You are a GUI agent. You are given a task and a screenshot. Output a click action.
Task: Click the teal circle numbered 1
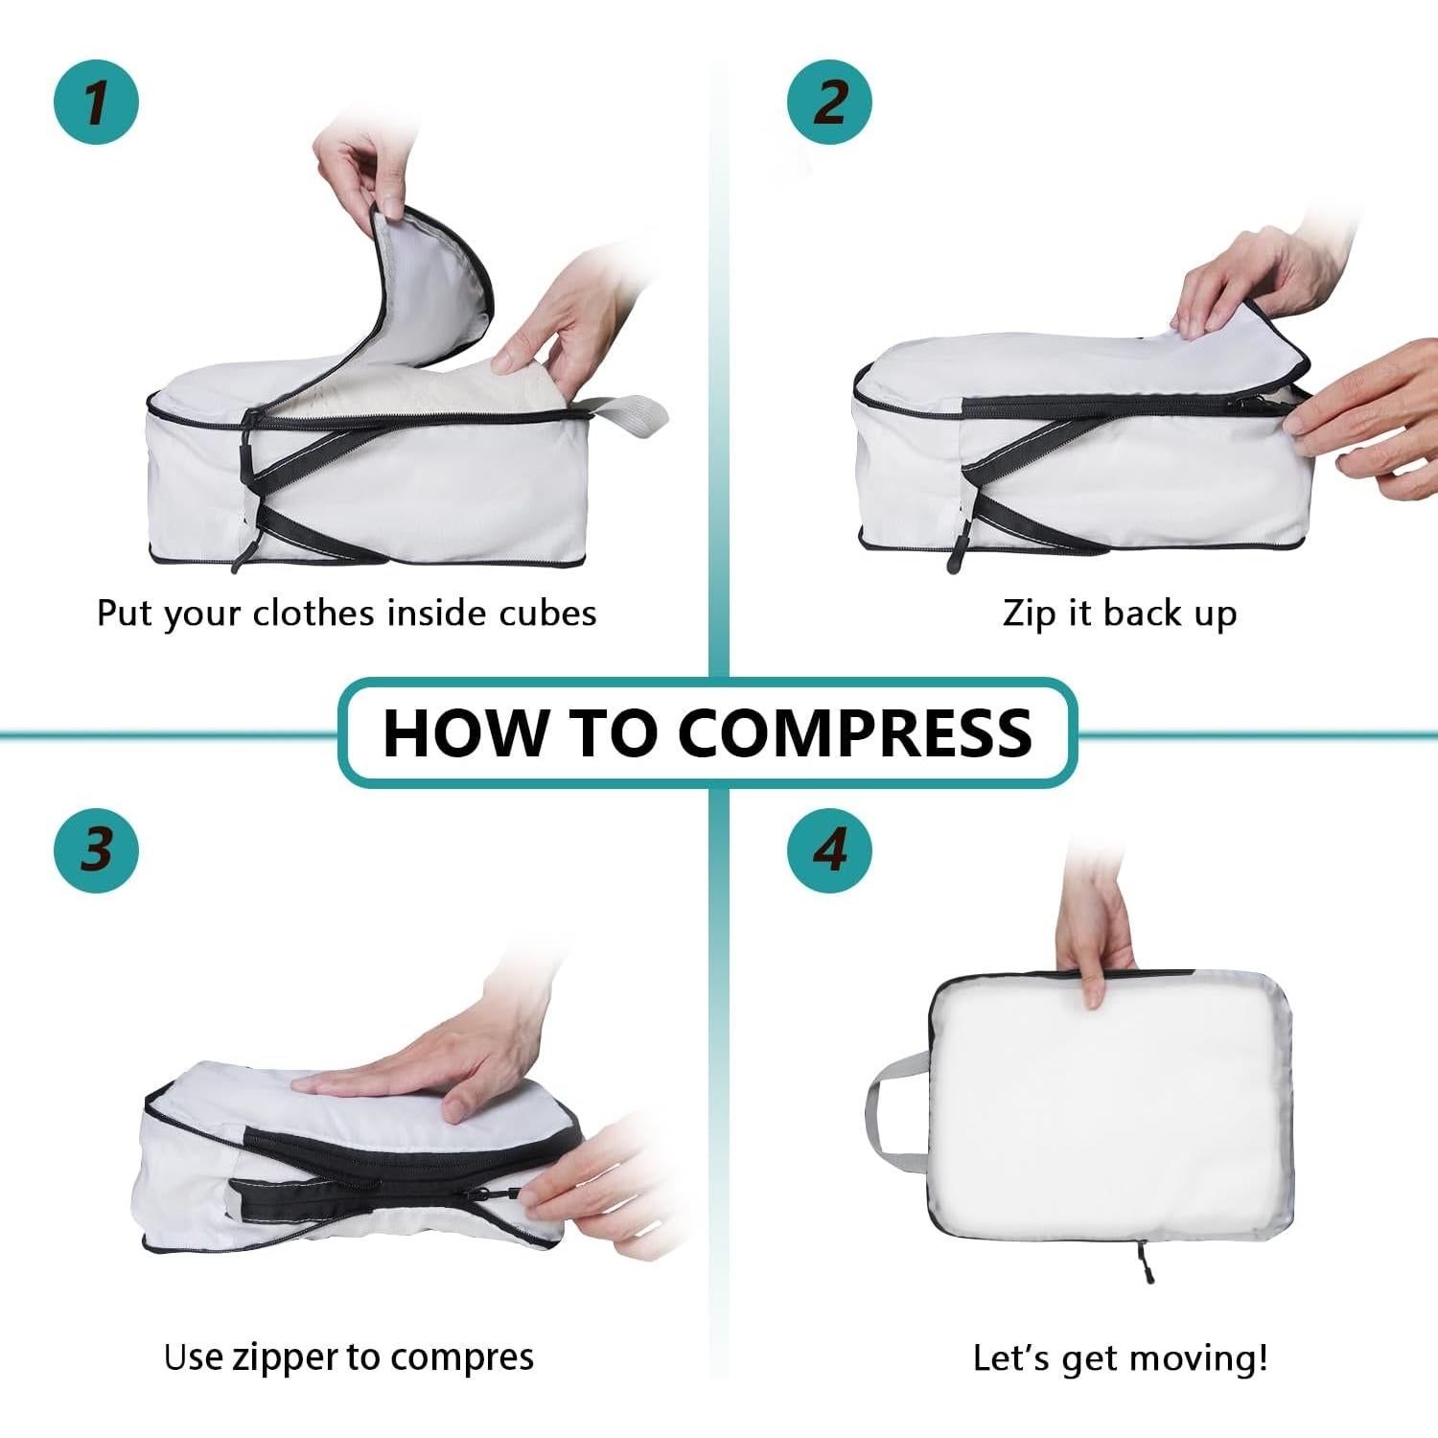pyautogui.click(x=96, y=102)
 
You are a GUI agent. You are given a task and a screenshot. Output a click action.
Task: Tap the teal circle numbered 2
pyautogui.click(x=830, y=102)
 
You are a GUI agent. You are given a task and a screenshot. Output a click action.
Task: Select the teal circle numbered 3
pyautogui.click(x=96, y=849)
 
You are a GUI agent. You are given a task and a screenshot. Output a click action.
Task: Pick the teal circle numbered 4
pyautogui.click(x=830, y=849)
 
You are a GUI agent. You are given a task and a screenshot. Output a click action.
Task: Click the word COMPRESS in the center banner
pyautogui.click(x=855, y=733)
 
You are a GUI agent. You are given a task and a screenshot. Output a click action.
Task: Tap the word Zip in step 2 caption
pyautogui.click(x=1030, y=614)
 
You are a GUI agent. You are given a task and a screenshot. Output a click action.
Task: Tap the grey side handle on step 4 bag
pyautogui.click(x=892, y=1102)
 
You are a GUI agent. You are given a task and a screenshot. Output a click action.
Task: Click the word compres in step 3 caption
pyautogui.click(x=462, y=1357)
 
